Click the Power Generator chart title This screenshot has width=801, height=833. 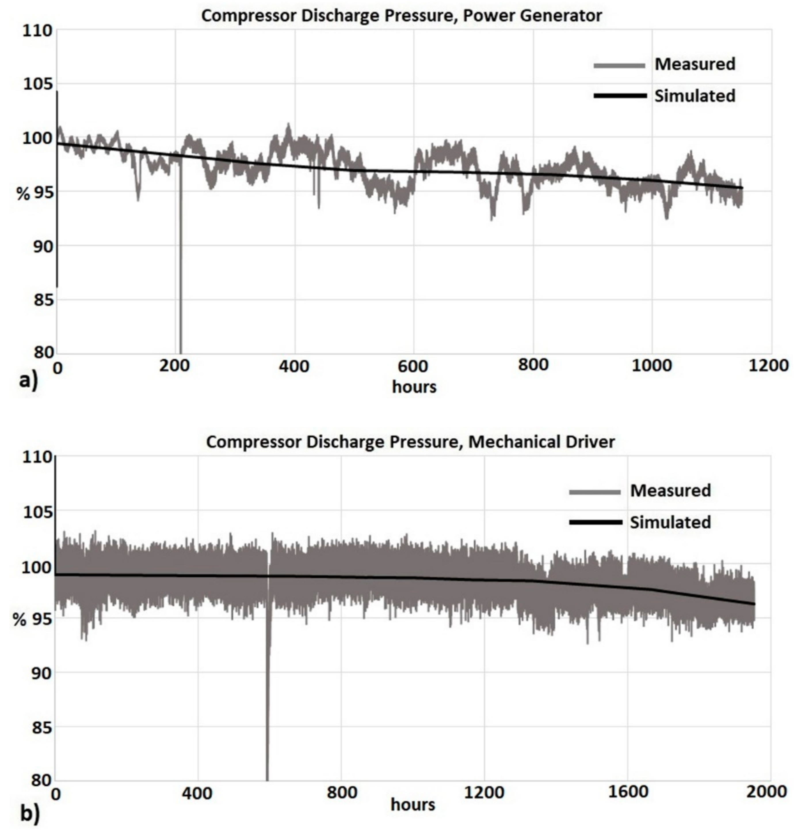[401, 16]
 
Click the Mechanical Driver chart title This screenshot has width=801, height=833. [410, 442]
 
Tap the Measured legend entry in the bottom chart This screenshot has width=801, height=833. [670, 491]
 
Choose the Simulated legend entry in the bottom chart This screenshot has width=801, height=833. [670, 522]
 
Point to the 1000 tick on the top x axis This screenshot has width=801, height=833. [652, 366]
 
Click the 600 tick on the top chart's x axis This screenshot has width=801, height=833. [413, 366]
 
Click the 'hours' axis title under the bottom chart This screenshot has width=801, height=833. [413, 805]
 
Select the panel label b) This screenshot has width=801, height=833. [30, 814]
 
